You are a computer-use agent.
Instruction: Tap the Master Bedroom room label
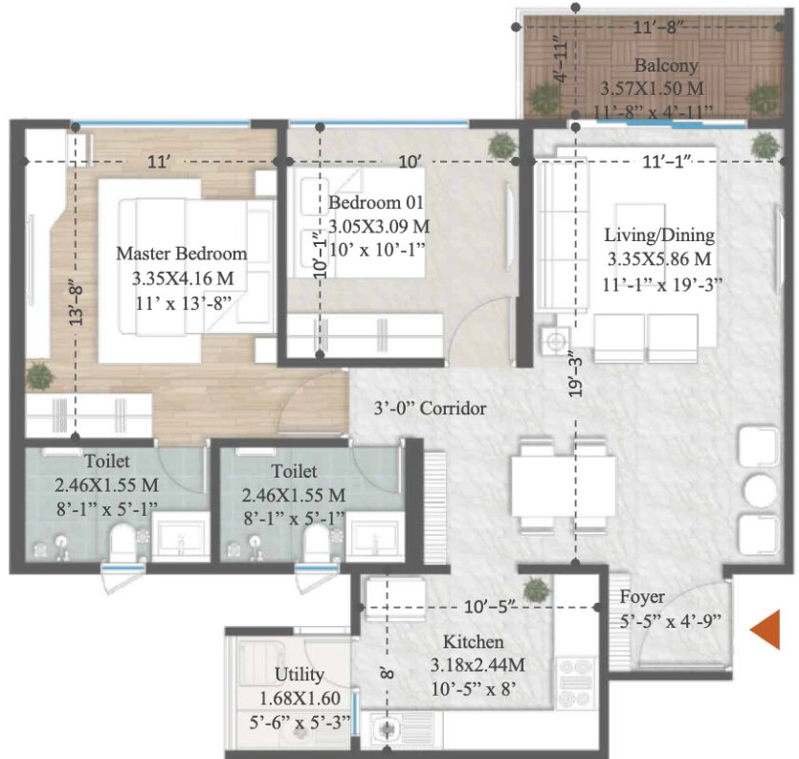click(182, 254)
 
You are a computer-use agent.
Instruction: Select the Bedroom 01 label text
click(375, 202)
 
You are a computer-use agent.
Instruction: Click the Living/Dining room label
click(659, 235)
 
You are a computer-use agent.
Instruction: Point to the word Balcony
click(666, 66)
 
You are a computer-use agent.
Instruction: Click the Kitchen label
click(473, 641)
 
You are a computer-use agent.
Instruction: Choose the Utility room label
click(300, 675)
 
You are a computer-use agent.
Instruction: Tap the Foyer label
click(642, 597)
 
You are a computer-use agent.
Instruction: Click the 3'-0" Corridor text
click(430, 409)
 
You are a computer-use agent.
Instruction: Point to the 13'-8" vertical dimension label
click(76, 303)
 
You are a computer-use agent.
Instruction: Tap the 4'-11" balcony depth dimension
click(561, 59)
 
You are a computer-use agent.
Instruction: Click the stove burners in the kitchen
click(576, 682)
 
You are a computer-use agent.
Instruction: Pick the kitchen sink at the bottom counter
click(386, 730)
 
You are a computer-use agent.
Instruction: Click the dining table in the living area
click(563, 486)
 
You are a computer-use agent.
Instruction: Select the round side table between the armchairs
click(760, 490)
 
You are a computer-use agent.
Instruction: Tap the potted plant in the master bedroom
click(39, 376)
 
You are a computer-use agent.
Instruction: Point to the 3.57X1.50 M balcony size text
click(652, 88)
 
